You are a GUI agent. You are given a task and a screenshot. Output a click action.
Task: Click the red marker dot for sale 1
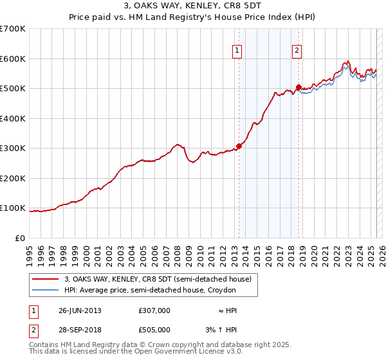[239, 146]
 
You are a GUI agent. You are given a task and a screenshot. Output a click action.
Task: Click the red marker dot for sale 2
[299, 87]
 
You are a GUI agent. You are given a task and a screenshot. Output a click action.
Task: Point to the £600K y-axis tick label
[13, 59]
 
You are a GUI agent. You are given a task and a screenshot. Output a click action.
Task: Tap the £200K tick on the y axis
[13, 178]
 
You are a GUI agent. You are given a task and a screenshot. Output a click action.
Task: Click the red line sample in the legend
[46, 279]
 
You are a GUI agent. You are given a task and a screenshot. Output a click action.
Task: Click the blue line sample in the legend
[46, 290]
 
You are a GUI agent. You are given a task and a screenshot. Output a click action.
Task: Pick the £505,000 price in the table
[154, 330]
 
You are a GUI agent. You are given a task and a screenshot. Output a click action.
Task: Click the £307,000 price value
[154, 310]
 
